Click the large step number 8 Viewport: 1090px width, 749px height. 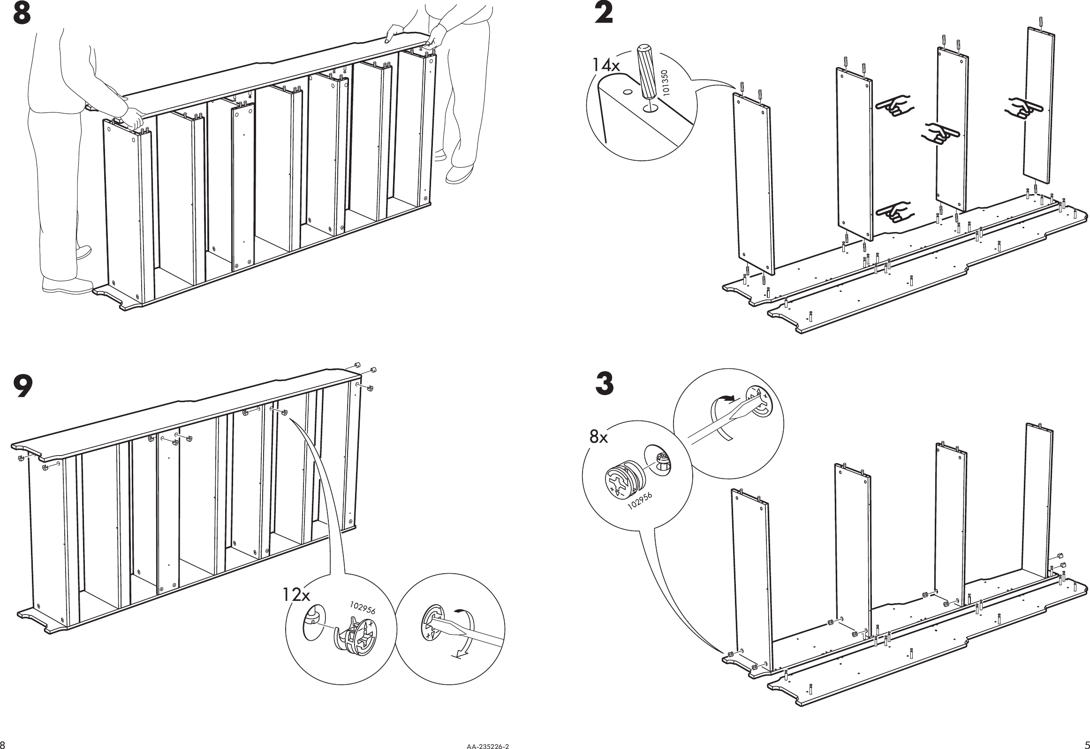[x=22, y=14]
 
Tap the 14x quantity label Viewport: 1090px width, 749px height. [x=606, y=65]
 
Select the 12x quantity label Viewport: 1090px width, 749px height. [x=296, y=596]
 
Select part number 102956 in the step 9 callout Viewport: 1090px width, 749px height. [x=362, y=608]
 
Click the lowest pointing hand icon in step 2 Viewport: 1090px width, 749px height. [x=892, y=214]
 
